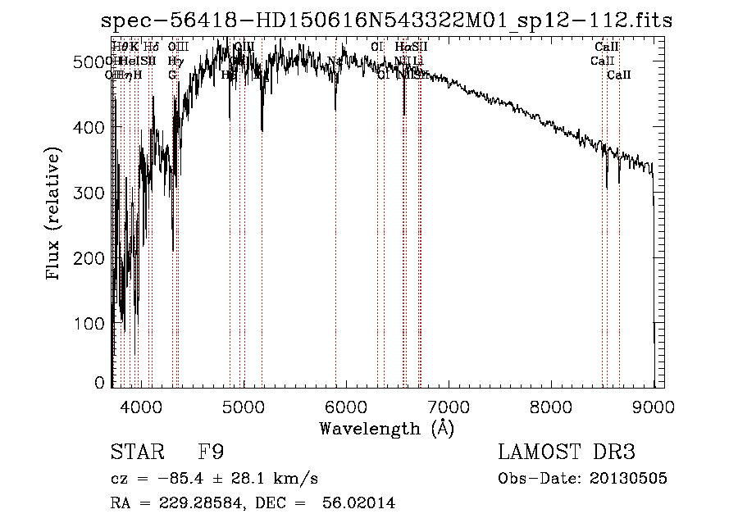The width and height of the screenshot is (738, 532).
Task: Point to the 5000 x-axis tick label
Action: (243, 406)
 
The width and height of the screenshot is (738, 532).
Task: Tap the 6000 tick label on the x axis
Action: (345, 406)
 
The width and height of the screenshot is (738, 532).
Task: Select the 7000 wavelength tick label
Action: (448, 406)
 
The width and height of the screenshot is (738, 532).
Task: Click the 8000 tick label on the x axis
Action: (550, 406)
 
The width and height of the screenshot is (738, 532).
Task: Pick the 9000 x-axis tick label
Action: (653, 406)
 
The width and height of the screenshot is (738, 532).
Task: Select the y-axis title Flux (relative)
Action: (54, 215)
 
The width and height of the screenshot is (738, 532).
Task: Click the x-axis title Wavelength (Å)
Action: (386, 428)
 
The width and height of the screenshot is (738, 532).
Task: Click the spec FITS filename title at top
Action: (385, 20)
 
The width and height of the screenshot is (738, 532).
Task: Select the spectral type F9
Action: (211, 452)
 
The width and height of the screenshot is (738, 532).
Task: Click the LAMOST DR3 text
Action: (567, 452)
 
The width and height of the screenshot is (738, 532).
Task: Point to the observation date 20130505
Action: (628, 478)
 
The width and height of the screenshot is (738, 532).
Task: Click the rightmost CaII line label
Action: (619, 75)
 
